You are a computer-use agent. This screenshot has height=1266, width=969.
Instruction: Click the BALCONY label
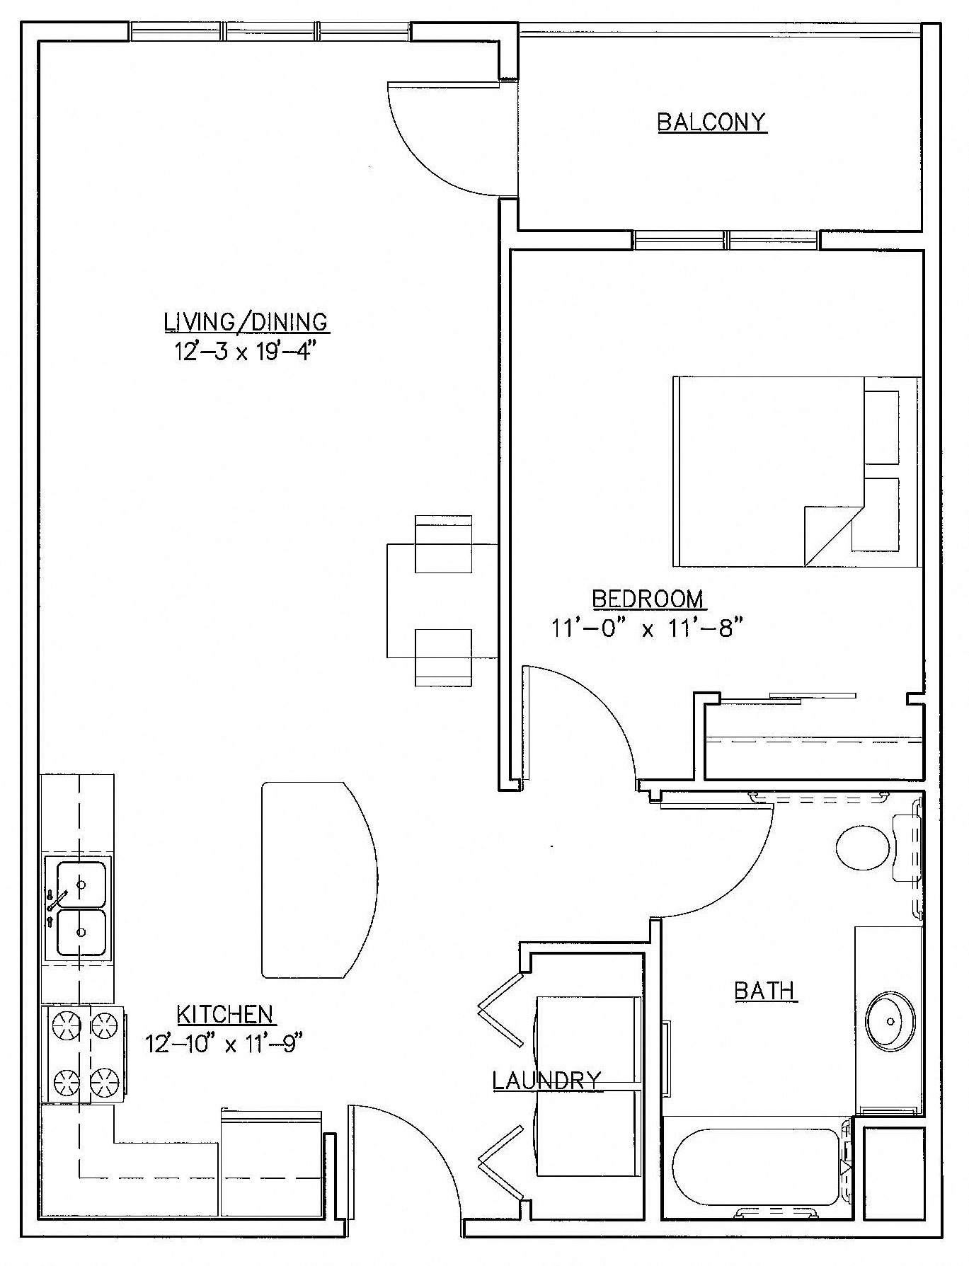pos(711,122)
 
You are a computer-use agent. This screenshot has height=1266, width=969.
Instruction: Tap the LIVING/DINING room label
pos(246,322)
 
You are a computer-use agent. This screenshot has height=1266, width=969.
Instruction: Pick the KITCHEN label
pos(224,1014)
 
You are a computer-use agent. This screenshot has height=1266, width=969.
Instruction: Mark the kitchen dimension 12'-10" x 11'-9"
pos(224,1043)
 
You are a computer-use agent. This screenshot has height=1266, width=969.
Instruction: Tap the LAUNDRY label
pos(546,1080)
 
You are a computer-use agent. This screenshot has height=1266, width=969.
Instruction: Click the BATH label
pos(766,990)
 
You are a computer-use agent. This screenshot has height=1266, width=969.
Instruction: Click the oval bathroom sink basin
pos(890,1020)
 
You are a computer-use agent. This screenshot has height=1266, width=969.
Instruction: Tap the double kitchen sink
pos(78,909)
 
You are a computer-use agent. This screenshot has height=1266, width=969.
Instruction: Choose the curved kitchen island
pos(319,880)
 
